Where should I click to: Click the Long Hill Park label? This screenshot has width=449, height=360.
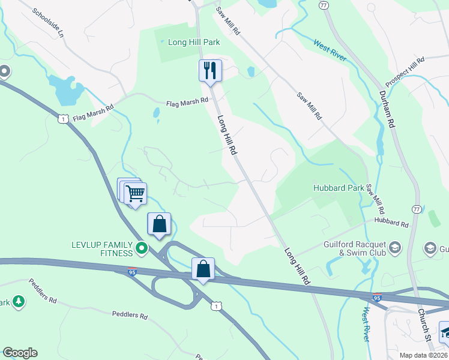pos(185,42)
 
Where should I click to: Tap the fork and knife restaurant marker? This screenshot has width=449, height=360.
pos(210,71)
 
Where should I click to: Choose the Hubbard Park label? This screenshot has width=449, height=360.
pos(339,188)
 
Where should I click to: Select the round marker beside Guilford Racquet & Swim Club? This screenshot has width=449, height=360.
pos(395,247)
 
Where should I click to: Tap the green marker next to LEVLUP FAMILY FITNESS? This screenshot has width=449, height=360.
pos(142,247)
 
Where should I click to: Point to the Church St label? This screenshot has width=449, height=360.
pos(425,325)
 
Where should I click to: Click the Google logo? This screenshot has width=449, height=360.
pos(20,353)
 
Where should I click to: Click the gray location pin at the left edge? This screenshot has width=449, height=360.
pos(4,72)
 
